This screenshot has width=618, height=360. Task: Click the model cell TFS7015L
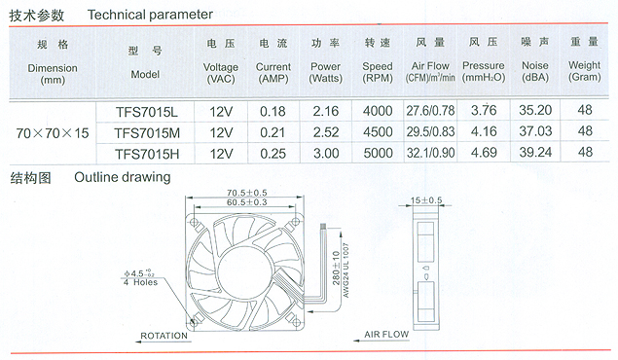[x=147, y=112]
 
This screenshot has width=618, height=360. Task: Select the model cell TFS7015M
[x=147, y=133]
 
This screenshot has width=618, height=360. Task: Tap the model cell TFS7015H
[x=147, y=154]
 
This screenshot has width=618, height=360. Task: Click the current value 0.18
[x=273, y=112]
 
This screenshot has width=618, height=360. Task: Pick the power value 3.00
[x=326, y=153]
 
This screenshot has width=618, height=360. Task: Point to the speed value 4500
[x=378, y=132]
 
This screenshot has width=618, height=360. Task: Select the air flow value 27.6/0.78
[x=430, y=111]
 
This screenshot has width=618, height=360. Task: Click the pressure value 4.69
[x=484, y=153]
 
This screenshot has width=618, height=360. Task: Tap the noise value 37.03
[x=535, y=131]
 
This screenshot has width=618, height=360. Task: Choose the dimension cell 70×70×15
[x=53, y=133]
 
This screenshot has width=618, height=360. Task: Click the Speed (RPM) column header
[x=378, y=72]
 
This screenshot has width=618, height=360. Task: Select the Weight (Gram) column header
[x=585, y=70]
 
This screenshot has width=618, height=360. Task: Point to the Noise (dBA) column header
[x=535, y=71]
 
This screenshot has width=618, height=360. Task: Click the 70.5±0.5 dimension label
[x=247, y=193]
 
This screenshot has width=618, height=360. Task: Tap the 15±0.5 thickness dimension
[x=426, y=200]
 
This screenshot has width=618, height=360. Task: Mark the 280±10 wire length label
[x=336, y=269]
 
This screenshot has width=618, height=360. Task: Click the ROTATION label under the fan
[x=164, y=336]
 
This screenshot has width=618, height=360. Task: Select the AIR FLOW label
[x=386, y=335]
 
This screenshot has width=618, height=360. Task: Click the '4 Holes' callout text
[x=140, y=282]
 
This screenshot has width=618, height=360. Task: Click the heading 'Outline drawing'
[x=123, y=177]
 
